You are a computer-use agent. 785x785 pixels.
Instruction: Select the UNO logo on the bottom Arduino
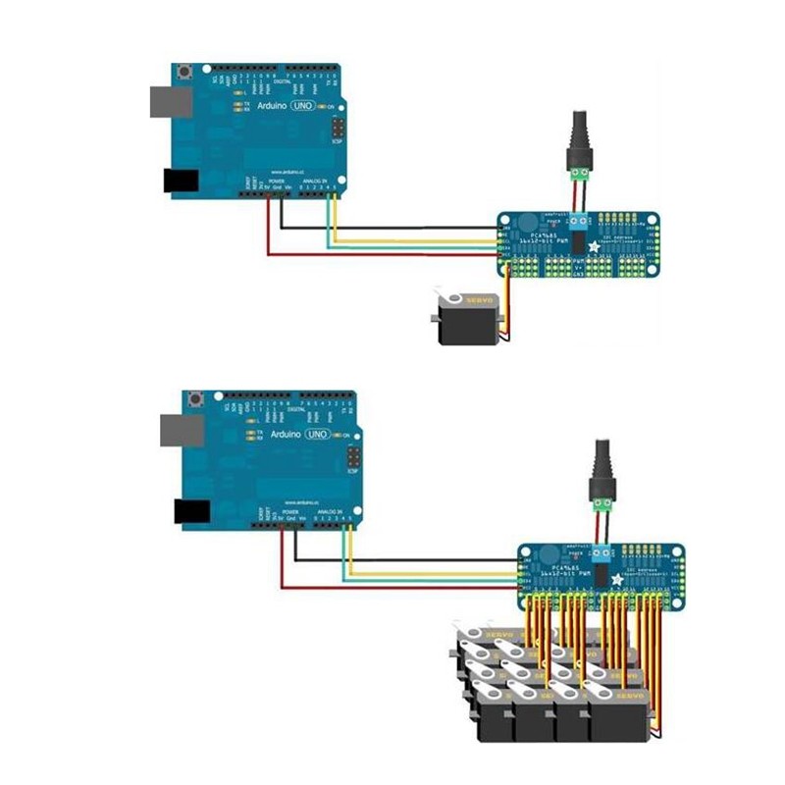pyautogui.click(x=317, y=433)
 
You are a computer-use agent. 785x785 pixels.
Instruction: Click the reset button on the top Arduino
pyautogui.click(x=183, y=72)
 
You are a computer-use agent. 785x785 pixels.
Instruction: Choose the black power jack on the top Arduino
pyautogui.click(x=179, y=181)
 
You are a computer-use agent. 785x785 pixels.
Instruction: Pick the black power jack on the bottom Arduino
pyautogui.click(x=192, y=509)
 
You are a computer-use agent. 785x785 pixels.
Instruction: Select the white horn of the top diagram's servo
pyautogui.click(x=448, y=299)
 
